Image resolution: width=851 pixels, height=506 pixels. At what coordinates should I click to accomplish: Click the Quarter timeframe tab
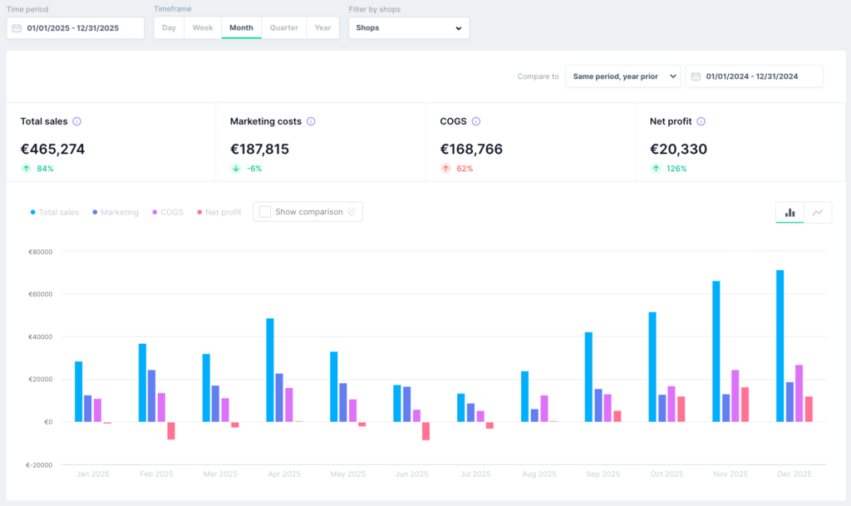tap(284, 27)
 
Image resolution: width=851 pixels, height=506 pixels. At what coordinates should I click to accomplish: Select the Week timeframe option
tap(203, 27)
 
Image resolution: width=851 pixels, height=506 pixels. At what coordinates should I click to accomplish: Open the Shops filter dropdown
tap(409, 27)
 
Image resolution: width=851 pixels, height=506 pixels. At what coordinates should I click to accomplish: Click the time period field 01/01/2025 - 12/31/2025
tap(76, 28)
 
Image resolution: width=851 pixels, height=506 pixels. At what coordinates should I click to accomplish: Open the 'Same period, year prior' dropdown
tap(623, 76)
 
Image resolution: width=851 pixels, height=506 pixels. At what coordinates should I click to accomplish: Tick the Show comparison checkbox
tap(265, 212)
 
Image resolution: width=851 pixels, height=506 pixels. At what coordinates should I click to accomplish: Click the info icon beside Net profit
tap(701, 121)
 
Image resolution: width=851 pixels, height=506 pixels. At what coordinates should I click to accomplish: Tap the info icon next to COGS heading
tap(476, 121)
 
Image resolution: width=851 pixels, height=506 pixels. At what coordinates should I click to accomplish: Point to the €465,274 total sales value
tap(52, 150)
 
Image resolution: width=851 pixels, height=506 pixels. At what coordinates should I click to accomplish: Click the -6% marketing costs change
tap(254, 169)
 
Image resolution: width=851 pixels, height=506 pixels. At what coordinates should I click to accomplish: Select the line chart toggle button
tap(818, 213)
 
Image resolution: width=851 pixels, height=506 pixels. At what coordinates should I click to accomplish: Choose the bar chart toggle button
tap(790, 213)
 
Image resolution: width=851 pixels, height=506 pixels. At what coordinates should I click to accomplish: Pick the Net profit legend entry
tap(219, 212)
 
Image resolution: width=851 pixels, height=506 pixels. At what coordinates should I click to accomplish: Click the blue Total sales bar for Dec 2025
tap(780, 346)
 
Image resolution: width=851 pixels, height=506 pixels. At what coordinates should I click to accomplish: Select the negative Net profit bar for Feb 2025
tap(171, 430)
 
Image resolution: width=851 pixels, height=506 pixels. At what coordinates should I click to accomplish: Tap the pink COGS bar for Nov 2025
tap(735, 395)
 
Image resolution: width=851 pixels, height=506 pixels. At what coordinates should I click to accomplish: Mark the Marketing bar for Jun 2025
tap(407, 404)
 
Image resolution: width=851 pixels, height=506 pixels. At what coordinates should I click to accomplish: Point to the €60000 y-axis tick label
tap(40, 294)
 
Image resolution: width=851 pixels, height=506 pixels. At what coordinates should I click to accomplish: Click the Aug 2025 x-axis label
tap(539, 474)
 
